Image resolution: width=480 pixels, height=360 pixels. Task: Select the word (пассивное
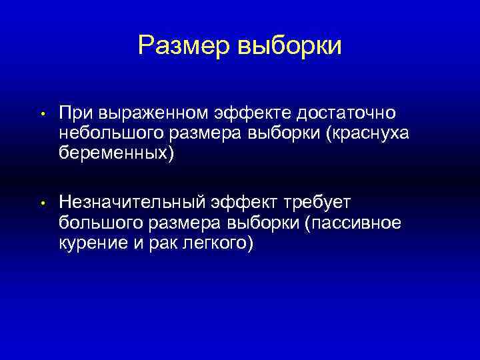(x=353, y=223)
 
